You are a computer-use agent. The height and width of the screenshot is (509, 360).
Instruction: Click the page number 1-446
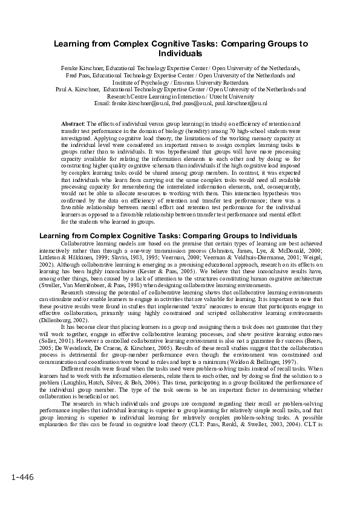coord(22,478)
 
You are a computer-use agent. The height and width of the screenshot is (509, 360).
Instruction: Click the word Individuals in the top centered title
coord(180,54)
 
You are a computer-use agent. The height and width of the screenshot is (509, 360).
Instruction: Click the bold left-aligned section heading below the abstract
coord(168,235)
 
